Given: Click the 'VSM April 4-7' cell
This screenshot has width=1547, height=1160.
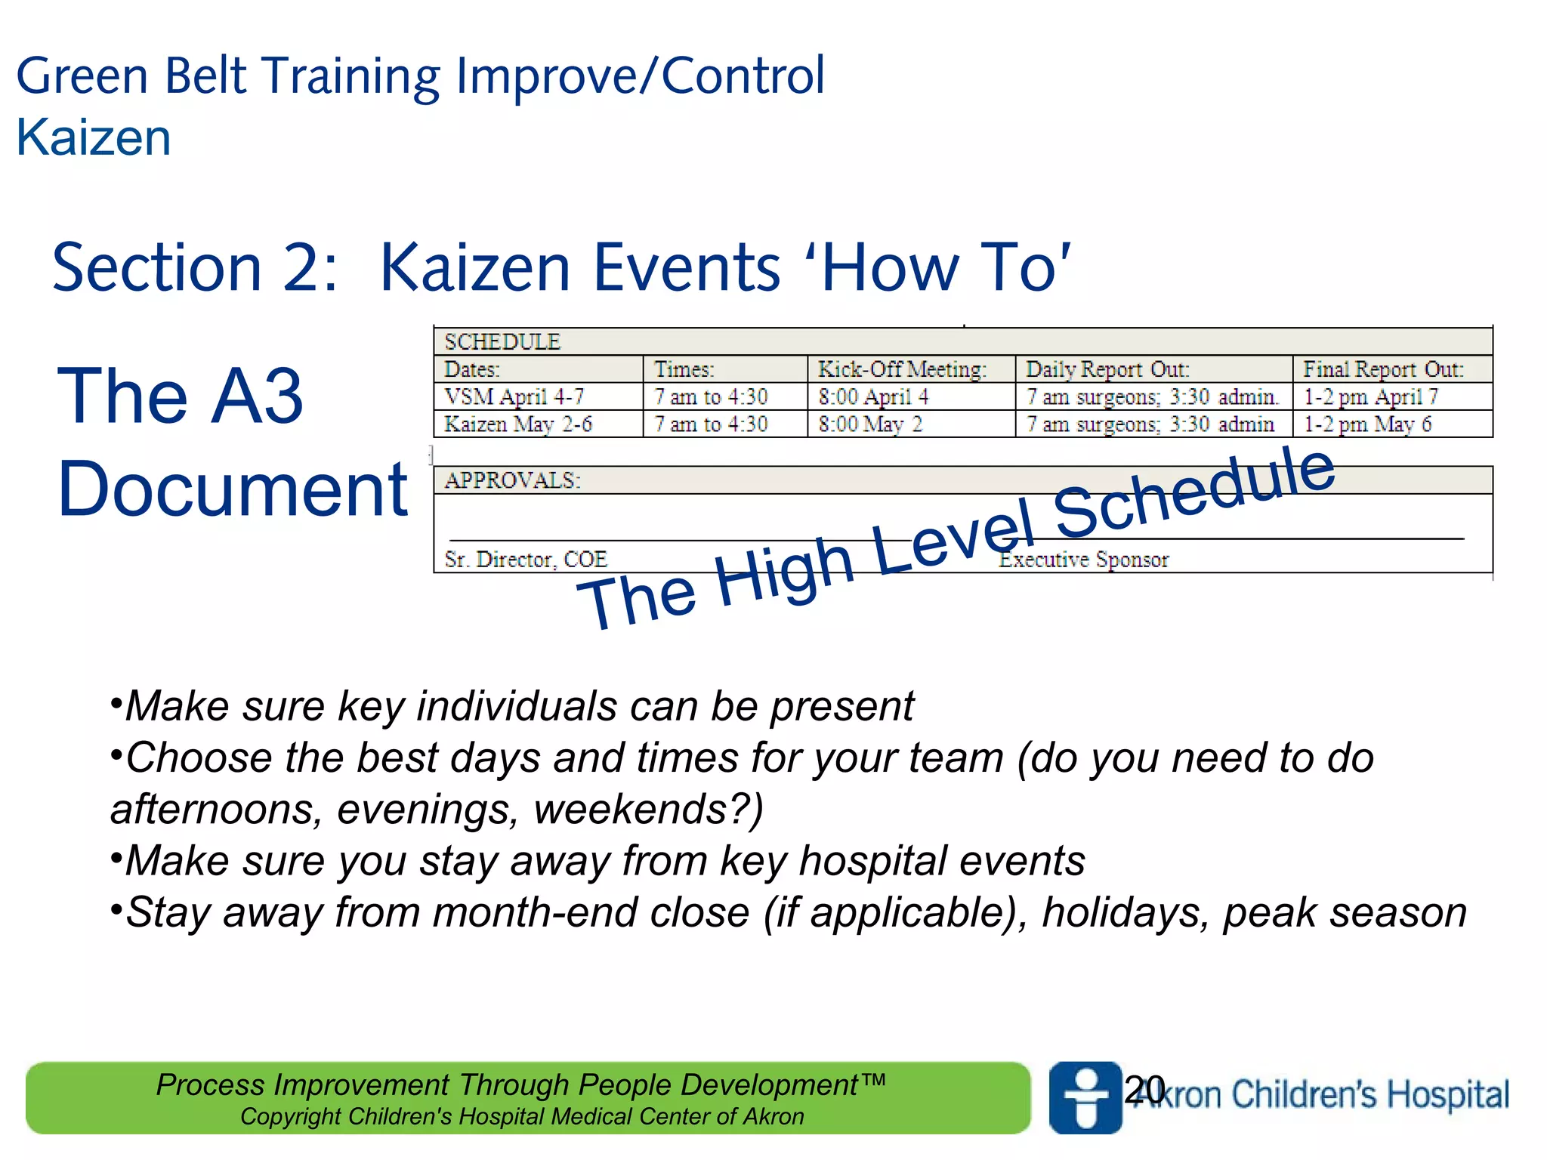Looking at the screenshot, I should coord(514,396).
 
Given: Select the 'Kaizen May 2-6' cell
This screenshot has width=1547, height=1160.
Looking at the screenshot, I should coord(518,424).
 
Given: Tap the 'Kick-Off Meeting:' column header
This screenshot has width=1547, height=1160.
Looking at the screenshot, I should coord(902,369).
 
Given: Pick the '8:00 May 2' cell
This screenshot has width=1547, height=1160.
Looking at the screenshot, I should coord(870,424).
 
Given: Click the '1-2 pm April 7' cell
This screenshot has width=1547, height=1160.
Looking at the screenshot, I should coord(1370,396).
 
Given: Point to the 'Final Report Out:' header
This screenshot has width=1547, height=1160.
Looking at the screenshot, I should coord(1382,369).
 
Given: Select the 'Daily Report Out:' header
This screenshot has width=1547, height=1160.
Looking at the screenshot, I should coord(1107,369).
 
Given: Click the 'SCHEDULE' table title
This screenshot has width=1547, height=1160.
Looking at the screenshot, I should coord(502,342).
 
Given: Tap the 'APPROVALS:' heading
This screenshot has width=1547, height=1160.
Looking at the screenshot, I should coord(512,480).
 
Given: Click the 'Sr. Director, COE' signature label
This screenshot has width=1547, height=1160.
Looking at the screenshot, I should coord(526,560).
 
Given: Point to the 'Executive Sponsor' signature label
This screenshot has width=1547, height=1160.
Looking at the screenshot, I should coord(1084,560).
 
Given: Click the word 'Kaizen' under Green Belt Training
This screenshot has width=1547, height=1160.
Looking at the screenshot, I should coord(94,138).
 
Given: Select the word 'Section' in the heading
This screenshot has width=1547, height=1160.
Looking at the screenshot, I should coord(157,268).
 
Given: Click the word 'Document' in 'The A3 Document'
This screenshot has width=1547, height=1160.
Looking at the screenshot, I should coord(233,489).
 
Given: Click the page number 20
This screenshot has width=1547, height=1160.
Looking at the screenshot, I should coord(1144,1090).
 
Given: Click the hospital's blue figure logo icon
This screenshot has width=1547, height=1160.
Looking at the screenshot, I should coord(1085,1097).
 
